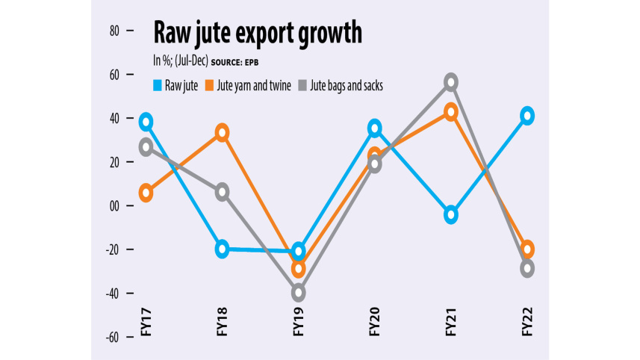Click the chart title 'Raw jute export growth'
pyautogui.click(x=258, y=34)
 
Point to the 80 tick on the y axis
pyautogui.click(x=114, y=31)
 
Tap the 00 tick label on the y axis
pyautogui.click(x=114, y=205)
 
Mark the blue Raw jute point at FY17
pyautogui.click(x=146, y=122)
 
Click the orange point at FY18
pyautogui.click(x=222, y=133)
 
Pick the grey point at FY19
pyautogui.click(x=299, y=293)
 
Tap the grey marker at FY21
pyautogui.click(x=451, y=82)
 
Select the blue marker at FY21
pyautogui.click(x=451, y=215)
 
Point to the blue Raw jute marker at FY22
pyautogui.click(x=527, y=116)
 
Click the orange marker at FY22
pyautogui.click(x=527, y=249)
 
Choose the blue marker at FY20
pyautogui.click(x=374, y=128)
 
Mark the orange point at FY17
pyautogui.click(x=146, y=193)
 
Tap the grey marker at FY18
pyautogui.click(x=222, y=192)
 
